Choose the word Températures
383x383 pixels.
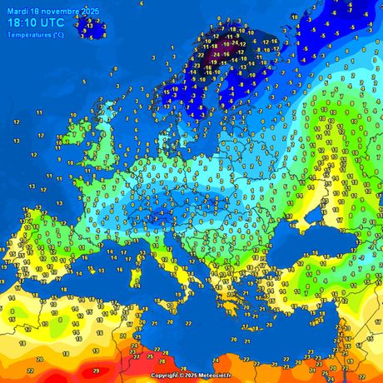[26, 34]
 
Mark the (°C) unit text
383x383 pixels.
[56, 34]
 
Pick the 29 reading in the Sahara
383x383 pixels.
[96, 369]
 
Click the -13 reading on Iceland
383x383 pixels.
[88, 26]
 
